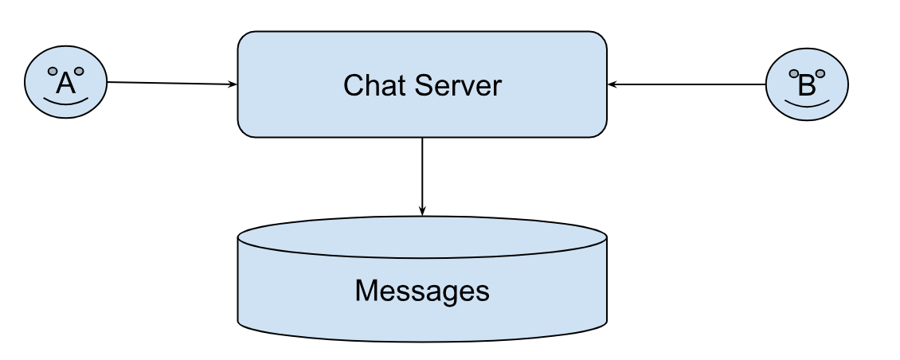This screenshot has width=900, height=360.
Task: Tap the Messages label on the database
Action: click(422, 291)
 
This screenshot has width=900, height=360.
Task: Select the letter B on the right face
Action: click(807, 85)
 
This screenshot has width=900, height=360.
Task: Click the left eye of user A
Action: click(53, 71)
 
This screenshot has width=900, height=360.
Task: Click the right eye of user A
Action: click(79, 71)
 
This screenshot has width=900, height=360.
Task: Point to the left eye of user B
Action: click(794, 74)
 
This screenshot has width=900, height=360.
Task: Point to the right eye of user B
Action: click(820, 74)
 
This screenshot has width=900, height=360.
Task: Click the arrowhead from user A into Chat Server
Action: click(233, 84)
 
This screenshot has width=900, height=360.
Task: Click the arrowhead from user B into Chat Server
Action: click(612, 84)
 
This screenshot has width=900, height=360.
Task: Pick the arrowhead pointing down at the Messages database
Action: click(422, 211)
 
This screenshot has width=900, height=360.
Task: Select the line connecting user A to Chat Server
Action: click(167, 83)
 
